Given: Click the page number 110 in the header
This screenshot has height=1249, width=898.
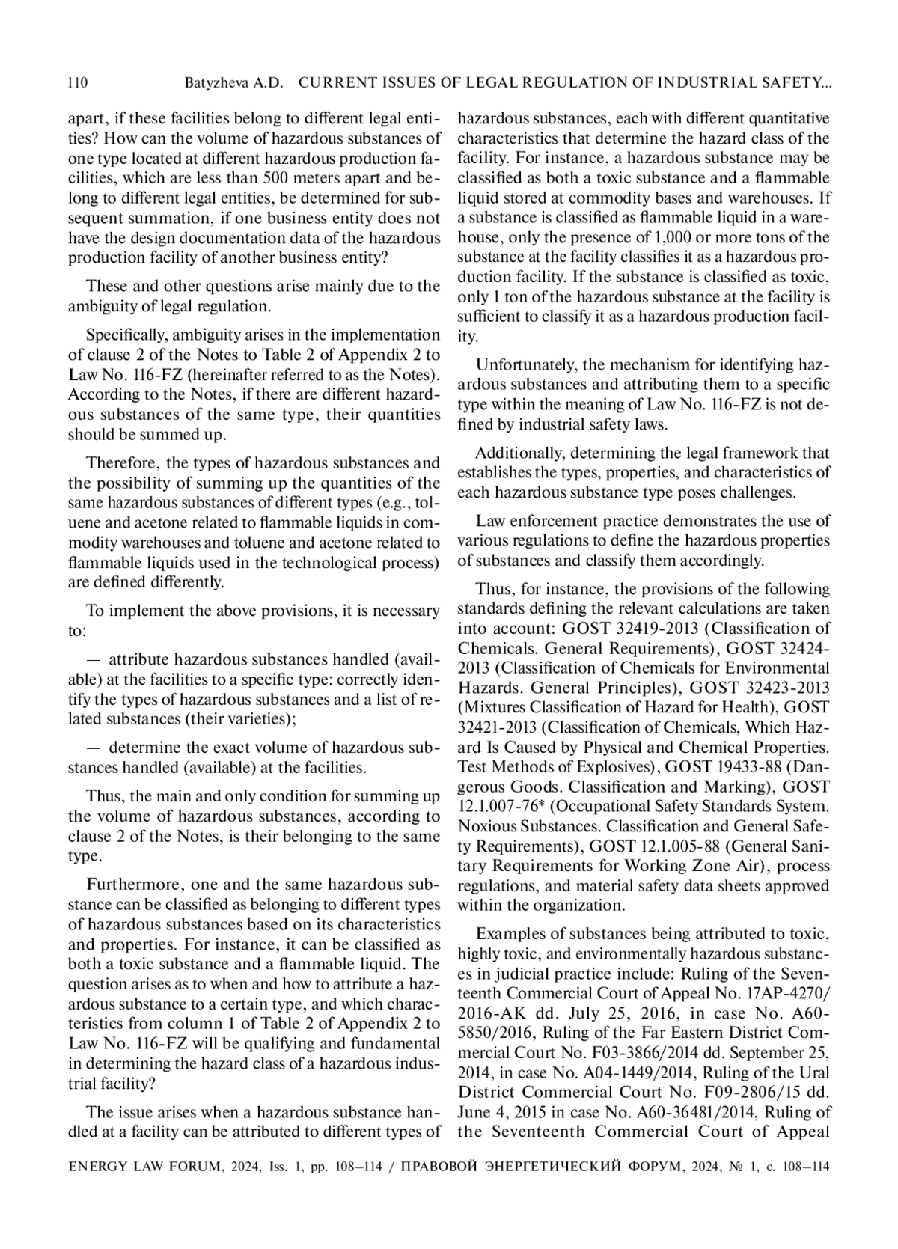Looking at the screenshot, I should click(x=78, y=83).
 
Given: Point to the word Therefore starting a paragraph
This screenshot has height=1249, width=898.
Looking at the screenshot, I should click(x=122, y=463).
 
